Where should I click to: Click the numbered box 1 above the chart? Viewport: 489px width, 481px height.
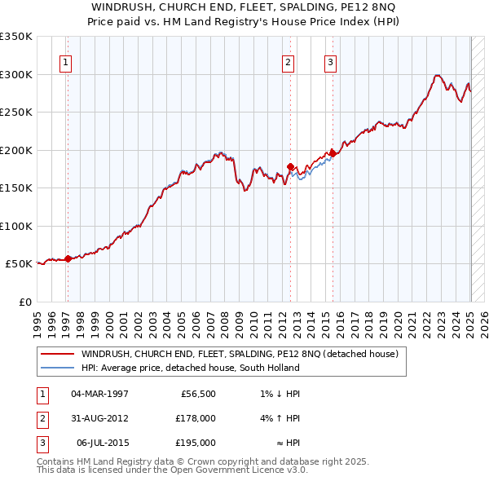click(65, 62)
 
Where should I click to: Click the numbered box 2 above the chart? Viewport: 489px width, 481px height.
click(288, 62)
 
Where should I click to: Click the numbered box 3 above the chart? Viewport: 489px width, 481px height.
click(330, 62)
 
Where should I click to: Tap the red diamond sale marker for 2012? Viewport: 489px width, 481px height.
click(291, 166)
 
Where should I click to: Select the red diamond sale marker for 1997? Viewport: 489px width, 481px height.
click(68, 258)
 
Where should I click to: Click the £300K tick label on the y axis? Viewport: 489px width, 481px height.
click(16, 74)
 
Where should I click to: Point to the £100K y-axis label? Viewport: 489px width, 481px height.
click(16, 226)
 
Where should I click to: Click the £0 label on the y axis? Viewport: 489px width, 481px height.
click(24, 302)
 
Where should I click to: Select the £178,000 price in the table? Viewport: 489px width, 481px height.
click(196, 418)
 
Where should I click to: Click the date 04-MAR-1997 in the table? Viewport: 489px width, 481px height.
click(99, 394)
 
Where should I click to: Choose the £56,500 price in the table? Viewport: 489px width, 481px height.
click(196, 394)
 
